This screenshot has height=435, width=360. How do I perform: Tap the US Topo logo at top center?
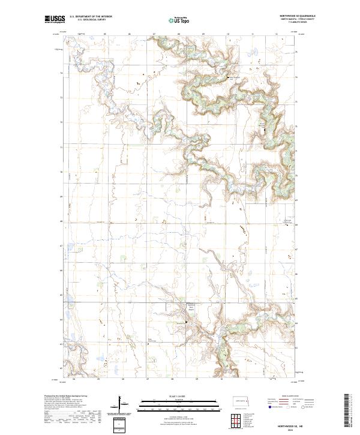pyautogui.click(x=179, y=19)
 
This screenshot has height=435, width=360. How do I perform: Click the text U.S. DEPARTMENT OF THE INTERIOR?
pyautogui.click(x=91, y=17)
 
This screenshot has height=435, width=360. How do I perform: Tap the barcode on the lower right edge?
pyautogui.click(x=346, y=411)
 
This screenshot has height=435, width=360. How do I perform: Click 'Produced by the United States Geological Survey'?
pyautogui.click(x=63, y=396)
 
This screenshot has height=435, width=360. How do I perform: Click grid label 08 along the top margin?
pyautogui.click(x=179, y=35)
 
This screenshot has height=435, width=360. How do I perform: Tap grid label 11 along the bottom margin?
pyautogui.click(x=247, y=379)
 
